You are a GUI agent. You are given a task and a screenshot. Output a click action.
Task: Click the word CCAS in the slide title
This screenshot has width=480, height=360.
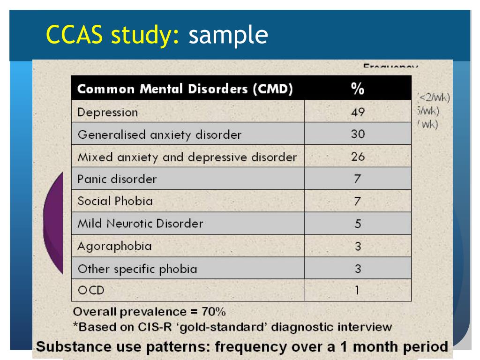77,35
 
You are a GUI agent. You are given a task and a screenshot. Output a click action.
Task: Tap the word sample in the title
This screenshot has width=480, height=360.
228,36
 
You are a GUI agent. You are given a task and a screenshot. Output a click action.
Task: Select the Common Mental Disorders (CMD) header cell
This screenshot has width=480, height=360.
185,89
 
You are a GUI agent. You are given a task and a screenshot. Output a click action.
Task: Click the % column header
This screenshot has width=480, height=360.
358,89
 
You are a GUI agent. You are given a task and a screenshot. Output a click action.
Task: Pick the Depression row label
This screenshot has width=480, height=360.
108,113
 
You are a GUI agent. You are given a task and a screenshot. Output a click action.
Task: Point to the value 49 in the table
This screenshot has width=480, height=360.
358,112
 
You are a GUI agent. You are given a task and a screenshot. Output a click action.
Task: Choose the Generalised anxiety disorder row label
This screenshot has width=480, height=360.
159,135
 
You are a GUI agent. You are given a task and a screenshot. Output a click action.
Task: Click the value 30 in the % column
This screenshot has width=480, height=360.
358,135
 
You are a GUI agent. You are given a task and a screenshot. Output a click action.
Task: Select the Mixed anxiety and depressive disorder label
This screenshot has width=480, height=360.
187,157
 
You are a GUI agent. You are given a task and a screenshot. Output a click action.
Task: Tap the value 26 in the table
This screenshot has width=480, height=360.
358,157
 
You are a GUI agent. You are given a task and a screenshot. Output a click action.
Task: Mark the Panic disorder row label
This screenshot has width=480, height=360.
117,179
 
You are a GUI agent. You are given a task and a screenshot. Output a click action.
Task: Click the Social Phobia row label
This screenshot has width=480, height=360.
115,201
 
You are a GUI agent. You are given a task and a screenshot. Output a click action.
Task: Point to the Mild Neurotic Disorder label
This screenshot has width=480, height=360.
140,224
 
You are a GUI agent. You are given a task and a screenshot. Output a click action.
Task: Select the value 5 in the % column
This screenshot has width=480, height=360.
358,224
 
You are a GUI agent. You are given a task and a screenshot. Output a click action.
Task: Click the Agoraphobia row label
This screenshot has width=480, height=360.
114,246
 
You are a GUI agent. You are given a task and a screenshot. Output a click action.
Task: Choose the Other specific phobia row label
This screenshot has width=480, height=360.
137,269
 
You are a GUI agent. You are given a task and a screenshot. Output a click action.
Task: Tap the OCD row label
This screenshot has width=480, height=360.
91,291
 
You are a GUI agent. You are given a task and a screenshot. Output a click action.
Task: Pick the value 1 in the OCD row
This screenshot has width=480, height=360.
357,291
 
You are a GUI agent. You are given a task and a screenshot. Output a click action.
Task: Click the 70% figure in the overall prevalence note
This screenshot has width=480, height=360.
214,312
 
